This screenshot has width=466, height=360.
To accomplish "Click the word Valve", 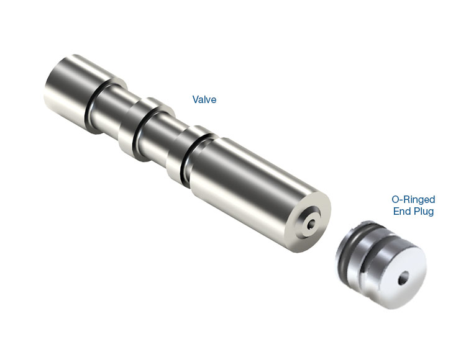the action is (204, 99).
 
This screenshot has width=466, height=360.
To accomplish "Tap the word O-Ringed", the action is (413, 199).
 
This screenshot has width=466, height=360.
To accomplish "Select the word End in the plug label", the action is (401, 211).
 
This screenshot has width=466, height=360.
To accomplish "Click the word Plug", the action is (423, 212).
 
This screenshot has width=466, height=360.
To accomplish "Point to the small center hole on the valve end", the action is (312, 224).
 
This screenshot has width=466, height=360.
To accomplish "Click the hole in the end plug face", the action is (403, 279).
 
